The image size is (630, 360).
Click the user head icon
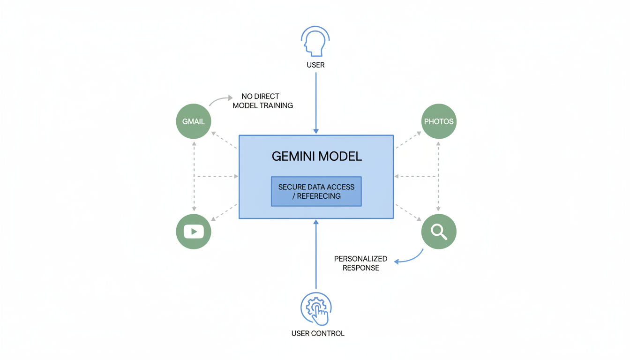pyautogui.click(x=315, y=42)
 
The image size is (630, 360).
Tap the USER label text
pyautogui.click(x=315, y=65)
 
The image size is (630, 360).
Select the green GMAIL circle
pyautogui.click(x=194, y=121)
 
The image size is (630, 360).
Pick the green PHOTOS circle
pyautogui.click(x=439, y=121)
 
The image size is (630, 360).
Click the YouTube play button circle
pyautogui.click(x=194, y=232)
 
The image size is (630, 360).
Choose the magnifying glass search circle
pyautogui.click(x=439, y=232)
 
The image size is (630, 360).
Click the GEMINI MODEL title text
pyautogui.click(x=317, y=157)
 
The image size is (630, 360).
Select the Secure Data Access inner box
pyautogui.click(x=316, y=191)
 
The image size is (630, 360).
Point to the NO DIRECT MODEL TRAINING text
pyautogui.click(x=262, y=101)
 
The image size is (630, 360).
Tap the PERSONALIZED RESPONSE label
pyautogui.click(x=360, y=263)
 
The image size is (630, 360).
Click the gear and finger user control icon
pyautogui.click(x=316, y=308)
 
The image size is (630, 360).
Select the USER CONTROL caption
pyautogui.click(x=318, y=334)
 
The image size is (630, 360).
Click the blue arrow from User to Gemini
pyautogui.click(x=316, y=103)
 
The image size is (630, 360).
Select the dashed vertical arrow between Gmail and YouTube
pyautogui.click(x=194, y=176)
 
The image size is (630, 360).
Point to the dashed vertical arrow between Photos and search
pyautogui.click(x=439, y=176)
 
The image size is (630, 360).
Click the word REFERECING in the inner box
pyautogui.click(x=319, y=196)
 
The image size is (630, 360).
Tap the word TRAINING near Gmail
pyautogui.click(x=277, y=106)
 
